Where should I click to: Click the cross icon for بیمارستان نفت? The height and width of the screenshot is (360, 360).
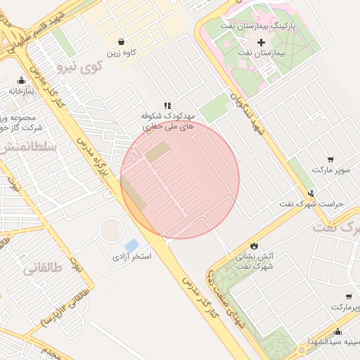point(262,43)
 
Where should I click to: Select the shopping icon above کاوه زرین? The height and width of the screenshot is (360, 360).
point(122,41)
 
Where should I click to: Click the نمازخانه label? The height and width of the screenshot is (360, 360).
point(21,91)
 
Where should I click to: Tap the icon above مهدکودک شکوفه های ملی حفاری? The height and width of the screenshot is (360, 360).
point(167,105)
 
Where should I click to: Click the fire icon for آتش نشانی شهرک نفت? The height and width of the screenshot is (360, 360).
point(254,245)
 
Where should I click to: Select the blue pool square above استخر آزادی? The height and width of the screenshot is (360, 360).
point(131,245)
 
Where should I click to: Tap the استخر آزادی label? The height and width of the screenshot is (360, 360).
point(132,257)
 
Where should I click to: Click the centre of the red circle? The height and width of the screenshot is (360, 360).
point(180,179)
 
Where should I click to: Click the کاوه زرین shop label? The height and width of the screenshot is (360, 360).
point(122,53)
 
